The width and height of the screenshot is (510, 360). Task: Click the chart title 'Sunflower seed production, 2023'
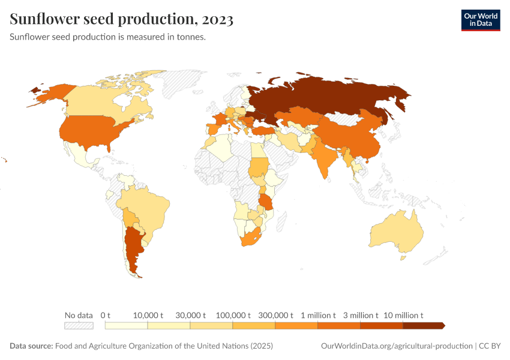pyautogui.click(x=122, y=19)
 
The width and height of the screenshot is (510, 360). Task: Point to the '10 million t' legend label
pyautogui.click(x=403, y=315)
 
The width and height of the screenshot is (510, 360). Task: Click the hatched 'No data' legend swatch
pyautogui.click(x=79, y=325)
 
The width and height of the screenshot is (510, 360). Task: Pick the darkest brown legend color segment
pyautogui.click(x=423, y=325)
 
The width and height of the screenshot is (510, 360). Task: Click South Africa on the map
pyautogui.click(x=251, y=238)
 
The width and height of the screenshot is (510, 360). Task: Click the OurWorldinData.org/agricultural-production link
pyautogui.click(x=397, y=346)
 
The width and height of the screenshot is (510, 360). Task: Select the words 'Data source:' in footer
pyautogui.click(x=31, y=346)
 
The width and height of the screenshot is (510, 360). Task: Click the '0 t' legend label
pyautogui.click(x=106, y=315)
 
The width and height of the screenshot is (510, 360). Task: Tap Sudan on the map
pyautogui.click(x=259, y=166)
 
